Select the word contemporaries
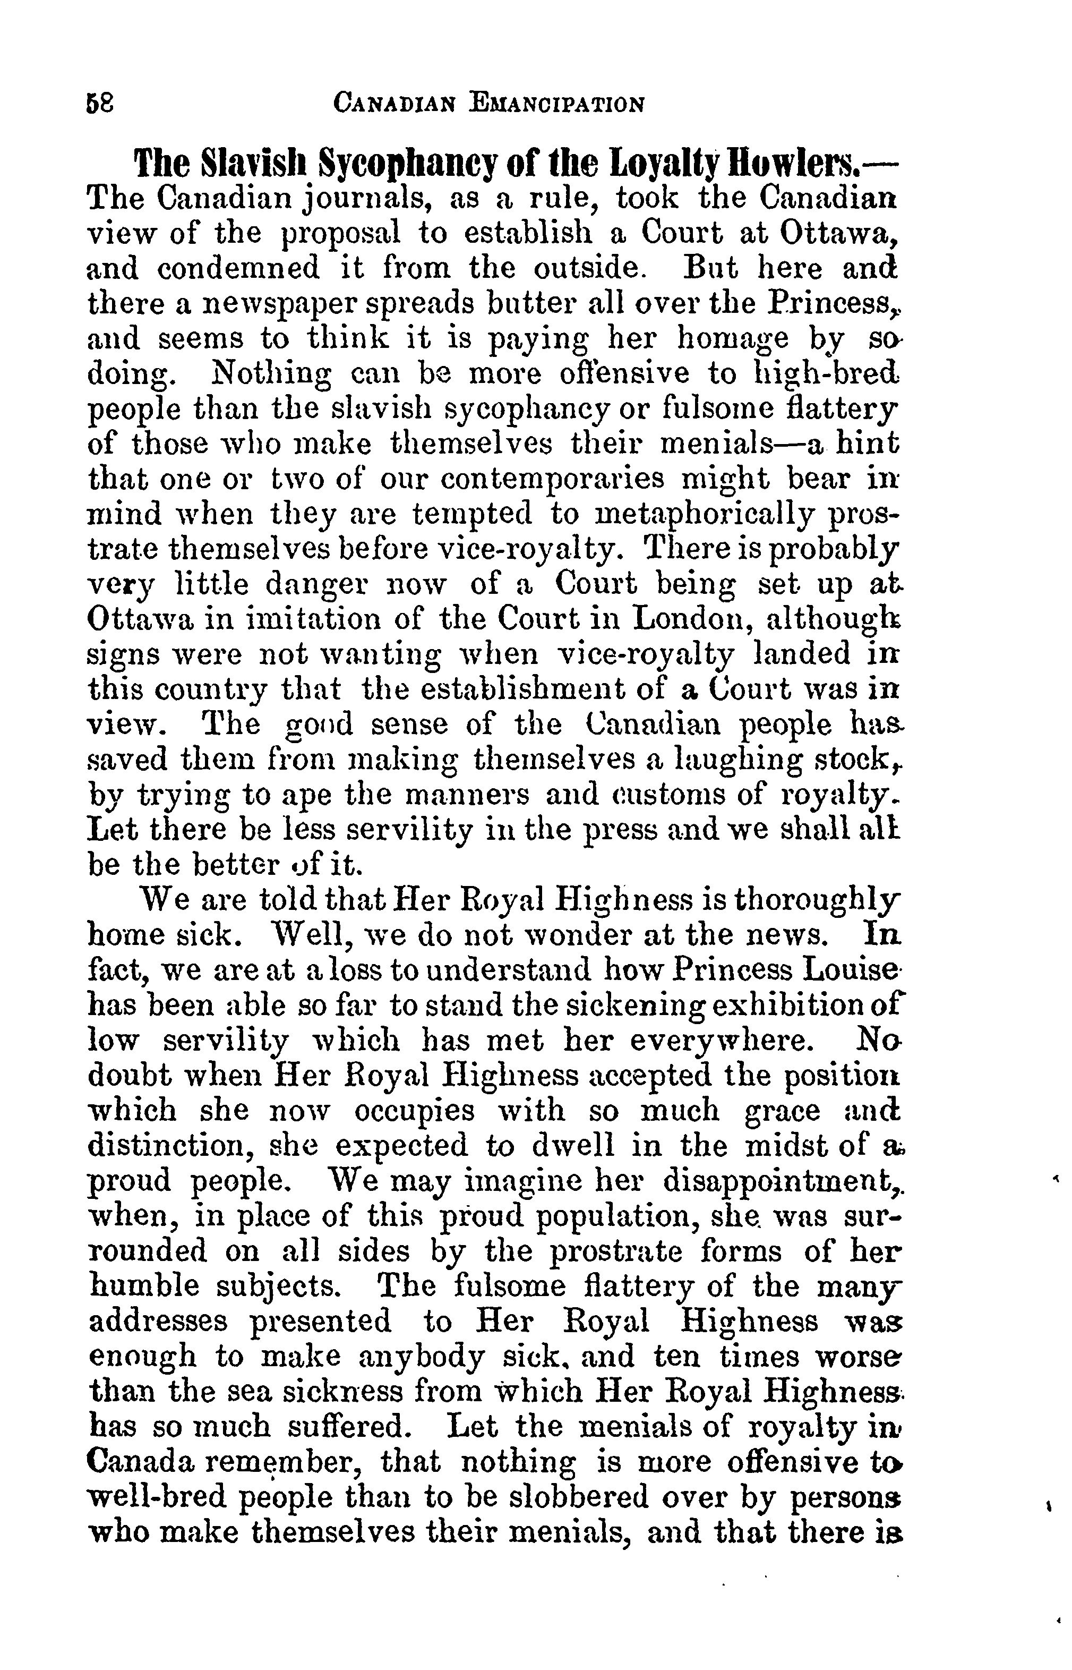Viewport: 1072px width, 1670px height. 553,479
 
